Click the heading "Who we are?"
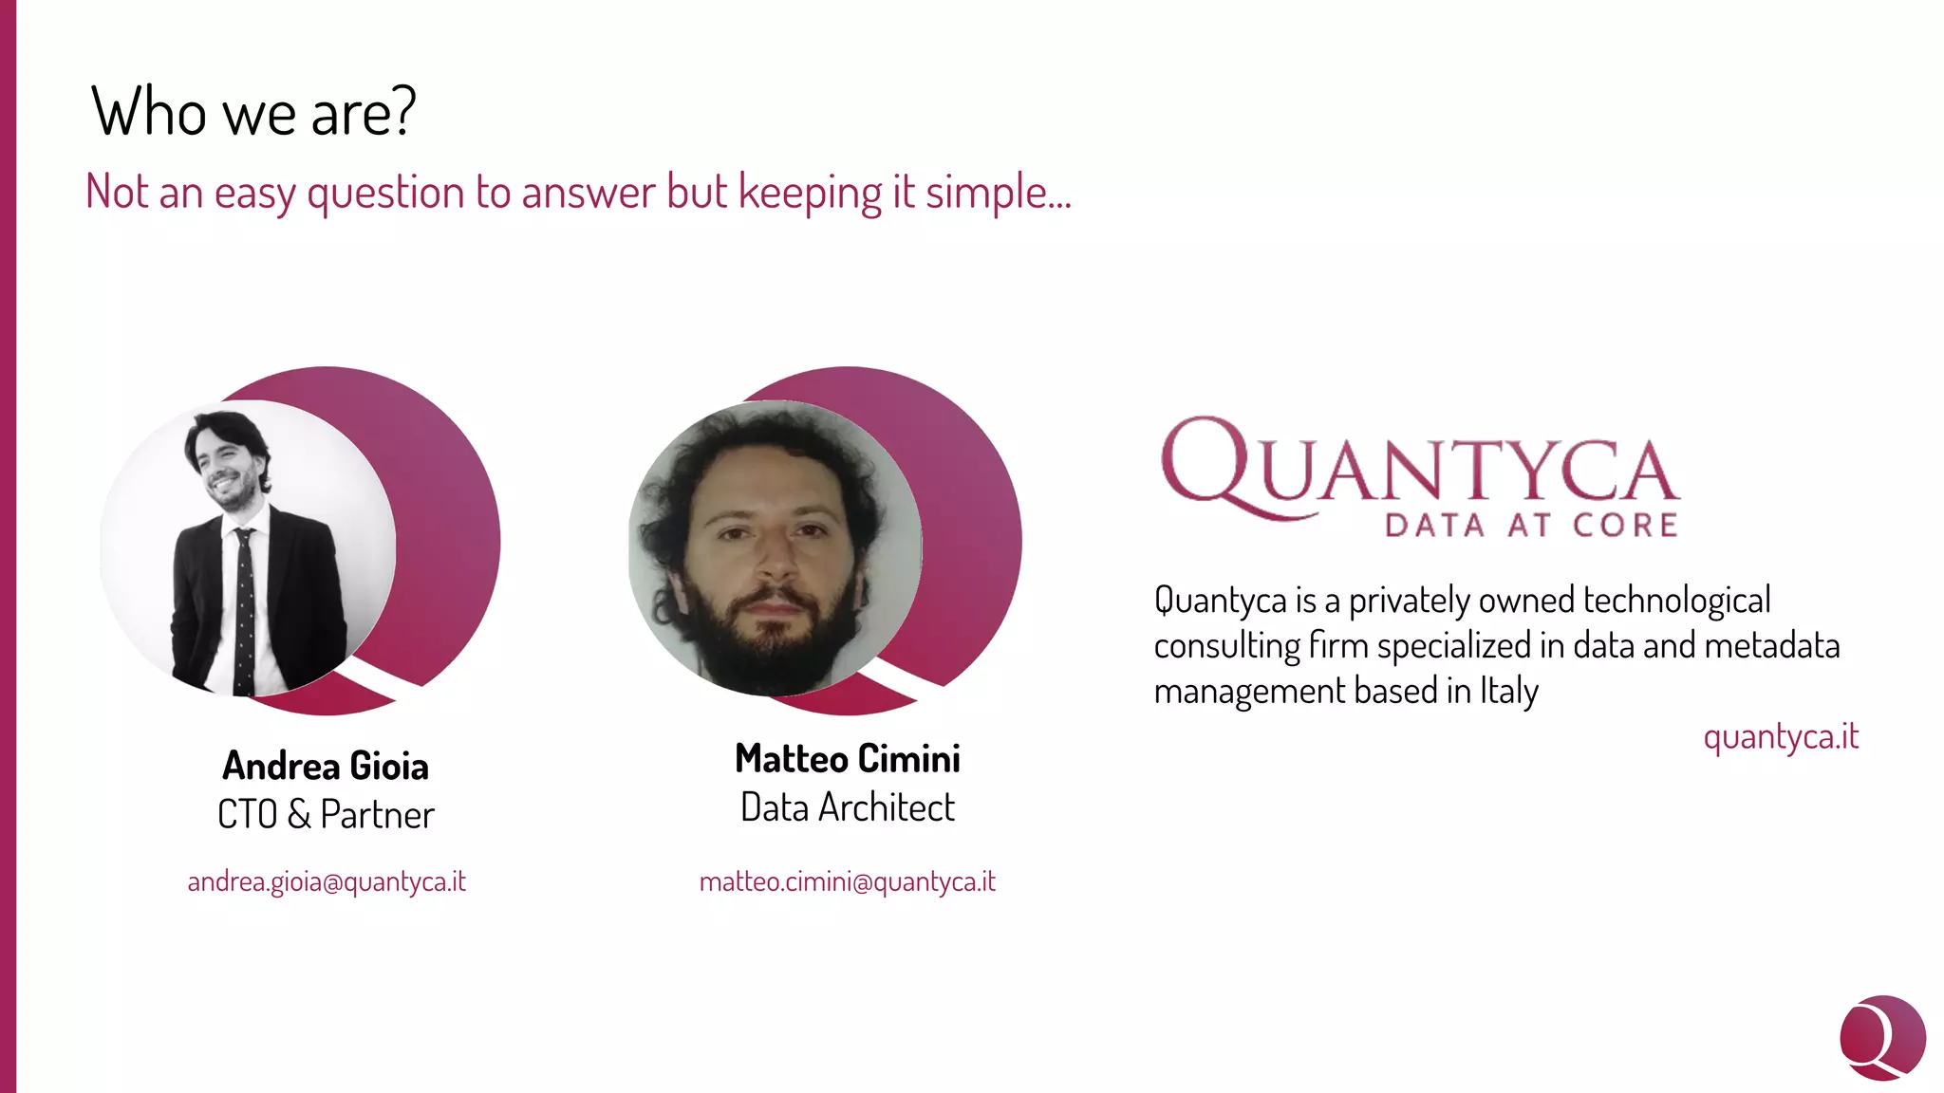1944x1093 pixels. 252,112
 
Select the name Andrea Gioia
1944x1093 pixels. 326,766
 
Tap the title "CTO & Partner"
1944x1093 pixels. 326,814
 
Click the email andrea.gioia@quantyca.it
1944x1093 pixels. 327,881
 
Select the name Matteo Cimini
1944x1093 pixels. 847,758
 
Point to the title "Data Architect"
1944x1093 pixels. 847,807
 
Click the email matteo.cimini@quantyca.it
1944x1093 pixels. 847,881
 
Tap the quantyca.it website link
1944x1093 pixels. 1780,736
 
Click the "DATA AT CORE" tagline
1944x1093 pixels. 1530,525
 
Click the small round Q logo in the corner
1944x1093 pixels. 1881,1037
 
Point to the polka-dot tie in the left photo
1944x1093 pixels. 245,607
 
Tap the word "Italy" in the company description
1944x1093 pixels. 1508,691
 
